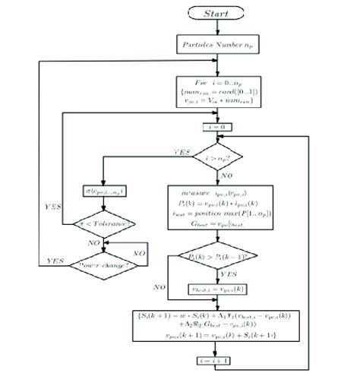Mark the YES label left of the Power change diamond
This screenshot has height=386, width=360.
(55, 259)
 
